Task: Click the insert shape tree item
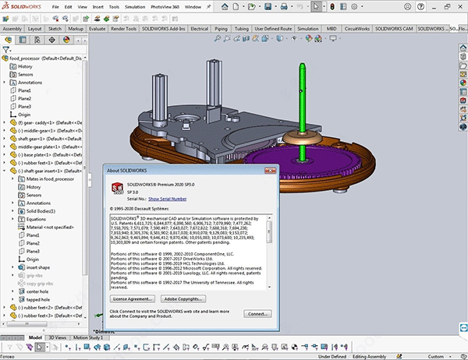pos(38,267)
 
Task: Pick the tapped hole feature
pos(39,300)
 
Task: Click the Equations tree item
pos(37,219)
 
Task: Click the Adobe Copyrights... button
pos(189,298)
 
